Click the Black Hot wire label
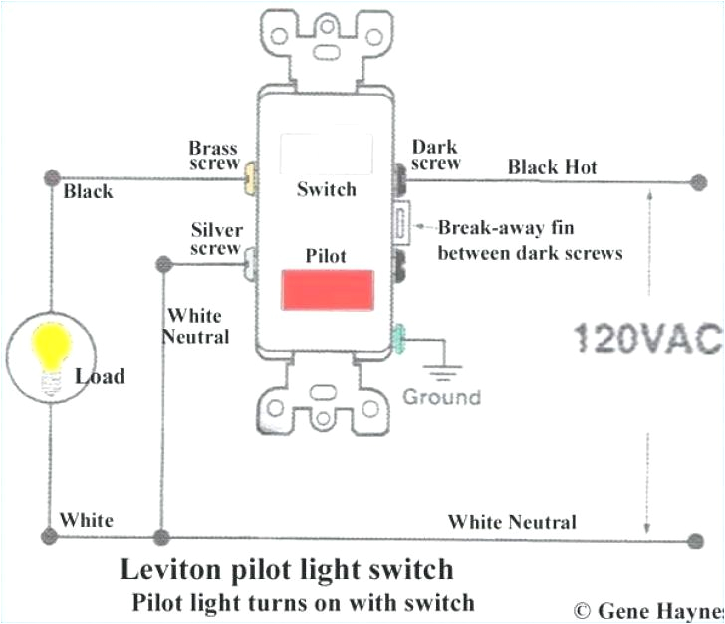coord(553,167)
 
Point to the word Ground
coord(441,397)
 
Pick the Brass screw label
coord(214,156)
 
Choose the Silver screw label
coord(216,239)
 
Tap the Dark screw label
coord(435,155)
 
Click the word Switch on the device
coord(326,189)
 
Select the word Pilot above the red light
coord(326,256)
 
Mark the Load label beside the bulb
coord(100,376)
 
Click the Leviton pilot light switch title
coord(287,570)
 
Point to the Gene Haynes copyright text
coord(647,609)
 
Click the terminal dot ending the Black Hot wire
coord(694,182)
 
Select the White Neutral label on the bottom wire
coord(512,522)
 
